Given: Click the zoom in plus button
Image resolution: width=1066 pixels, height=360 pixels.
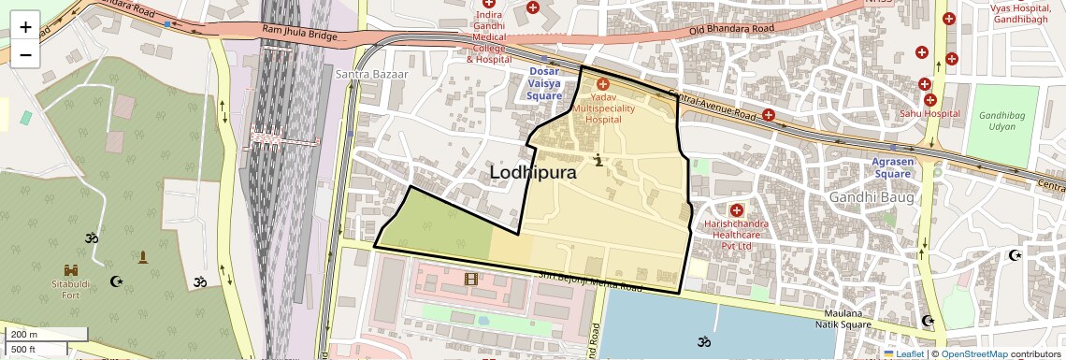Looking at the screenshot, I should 25,27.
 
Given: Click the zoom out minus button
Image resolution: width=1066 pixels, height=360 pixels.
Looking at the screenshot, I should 25,54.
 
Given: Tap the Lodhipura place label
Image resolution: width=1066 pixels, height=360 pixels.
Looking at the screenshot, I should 533,172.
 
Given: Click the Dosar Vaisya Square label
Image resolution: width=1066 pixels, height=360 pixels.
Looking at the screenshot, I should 544,83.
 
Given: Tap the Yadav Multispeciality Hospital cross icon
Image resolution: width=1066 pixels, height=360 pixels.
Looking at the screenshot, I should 603,85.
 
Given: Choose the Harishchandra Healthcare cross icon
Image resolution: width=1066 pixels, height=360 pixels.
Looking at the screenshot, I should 737,210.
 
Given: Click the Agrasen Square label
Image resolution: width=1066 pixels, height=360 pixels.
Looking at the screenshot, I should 891,167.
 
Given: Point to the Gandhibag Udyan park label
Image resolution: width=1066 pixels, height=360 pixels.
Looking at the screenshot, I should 1001,121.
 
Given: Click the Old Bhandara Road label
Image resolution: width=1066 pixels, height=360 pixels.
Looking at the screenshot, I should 732,30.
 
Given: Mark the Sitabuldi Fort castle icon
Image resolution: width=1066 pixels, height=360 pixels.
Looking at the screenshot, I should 71,269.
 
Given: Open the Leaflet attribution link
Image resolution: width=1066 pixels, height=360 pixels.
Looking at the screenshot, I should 906,353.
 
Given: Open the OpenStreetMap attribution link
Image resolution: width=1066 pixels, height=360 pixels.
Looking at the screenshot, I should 973,353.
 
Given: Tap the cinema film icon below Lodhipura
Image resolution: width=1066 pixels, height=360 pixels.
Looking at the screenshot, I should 470,279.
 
